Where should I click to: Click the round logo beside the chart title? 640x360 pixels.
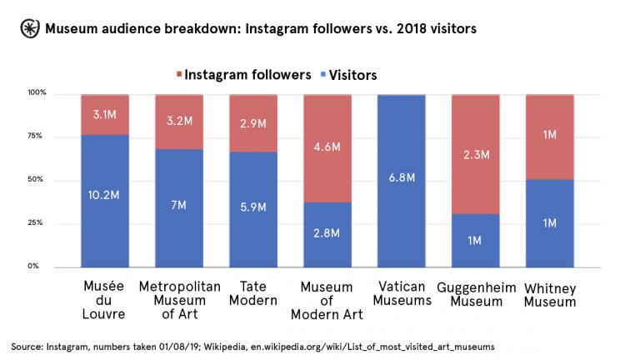[x=29, y=29]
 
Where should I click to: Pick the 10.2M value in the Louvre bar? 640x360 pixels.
[x=105, y=196]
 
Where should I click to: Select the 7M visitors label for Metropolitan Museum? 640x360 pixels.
[x=179, y=204]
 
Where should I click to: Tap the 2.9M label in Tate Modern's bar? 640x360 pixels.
[x=253, y=123]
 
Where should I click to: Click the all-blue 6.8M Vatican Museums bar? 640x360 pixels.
[x=402, y=180]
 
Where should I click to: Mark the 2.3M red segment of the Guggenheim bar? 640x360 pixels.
[x=476, y=154]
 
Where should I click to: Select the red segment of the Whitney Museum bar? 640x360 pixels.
[x=550, y=136]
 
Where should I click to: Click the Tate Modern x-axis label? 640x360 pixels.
[x=253, y=292]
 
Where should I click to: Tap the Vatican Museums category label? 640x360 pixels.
[x=402, y=292]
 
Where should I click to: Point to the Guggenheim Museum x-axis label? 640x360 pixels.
[x=476, y=292]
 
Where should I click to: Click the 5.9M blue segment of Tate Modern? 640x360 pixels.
[x=253, y=208]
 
